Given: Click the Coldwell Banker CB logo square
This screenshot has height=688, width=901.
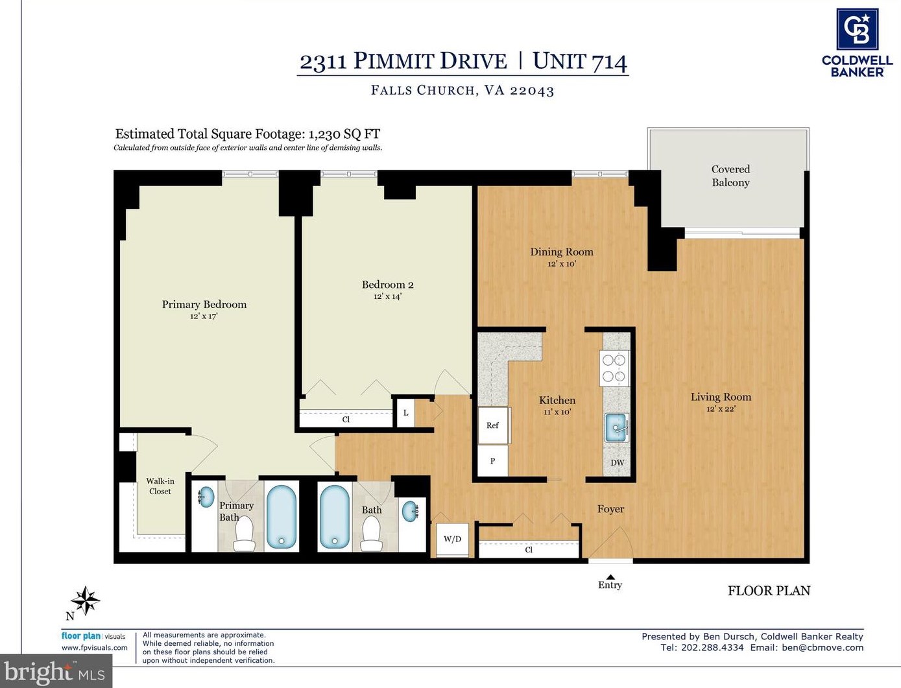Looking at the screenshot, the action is tap(857, 29).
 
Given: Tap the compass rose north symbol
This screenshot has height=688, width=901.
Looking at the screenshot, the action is tap(86, 601).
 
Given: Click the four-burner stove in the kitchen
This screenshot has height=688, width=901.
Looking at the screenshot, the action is tap(614, 368).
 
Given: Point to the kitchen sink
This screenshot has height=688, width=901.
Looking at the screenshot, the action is tap(616, 428).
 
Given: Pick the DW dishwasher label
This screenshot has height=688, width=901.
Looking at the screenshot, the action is tap(618, 463).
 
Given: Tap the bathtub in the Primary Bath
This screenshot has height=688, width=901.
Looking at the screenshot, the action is tap(281, 517).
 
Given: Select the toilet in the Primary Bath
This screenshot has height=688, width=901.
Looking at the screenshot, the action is tap(245, 534).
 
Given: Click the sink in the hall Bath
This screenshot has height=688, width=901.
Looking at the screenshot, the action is tap(411, 511).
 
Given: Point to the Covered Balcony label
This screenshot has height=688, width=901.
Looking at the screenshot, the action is tap(730, 176).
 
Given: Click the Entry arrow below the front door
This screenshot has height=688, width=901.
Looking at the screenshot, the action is tap(610, 576).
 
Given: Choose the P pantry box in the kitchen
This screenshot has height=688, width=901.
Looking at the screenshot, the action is tap(493, 460).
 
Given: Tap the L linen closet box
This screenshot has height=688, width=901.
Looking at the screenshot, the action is tap(405, 412).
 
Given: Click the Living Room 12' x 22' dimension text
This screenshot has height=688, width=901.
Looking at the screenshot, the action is tap(721, 409).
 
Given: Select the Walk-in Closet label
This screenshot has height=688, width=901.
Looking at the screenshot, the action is tap(160, 486).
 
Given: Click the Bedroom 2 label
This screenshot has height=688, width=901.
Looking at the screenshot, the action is tap(387, 285).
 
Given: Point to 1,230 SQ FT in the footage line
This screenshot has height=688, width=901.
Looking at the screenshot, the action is tap(344, 134).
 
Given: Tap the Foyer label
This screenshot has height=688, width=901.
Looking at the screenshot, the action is tap(611, 509).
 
